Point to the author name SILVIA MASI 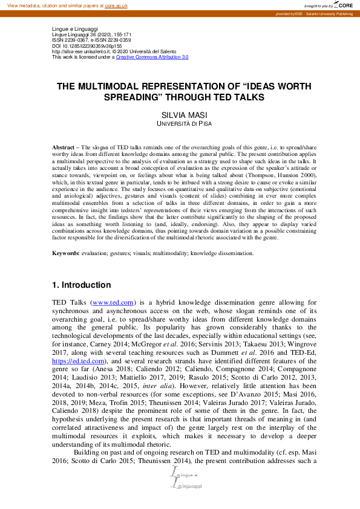tap(180, 115)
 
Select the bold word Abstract tap(63, 148)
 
